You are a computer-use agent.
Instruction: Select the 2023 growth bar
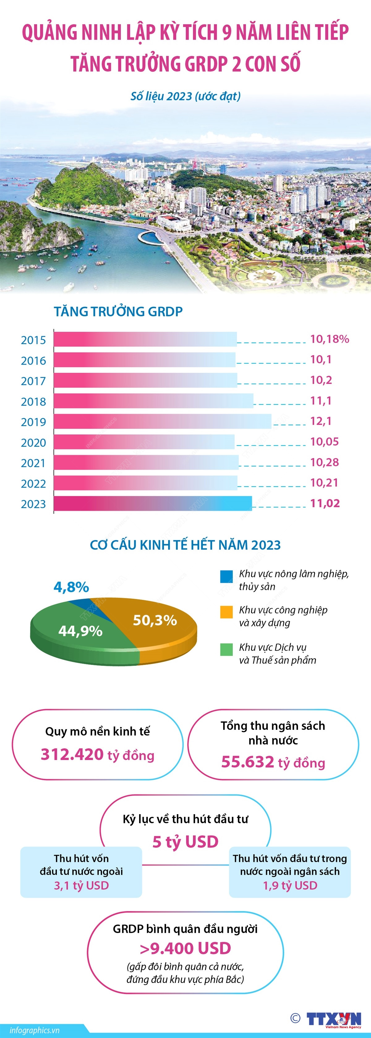[153, 503]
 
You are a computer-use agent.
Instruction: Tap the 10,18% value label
[329, 339]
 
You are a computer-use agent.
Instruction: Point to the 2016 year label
[33, 361]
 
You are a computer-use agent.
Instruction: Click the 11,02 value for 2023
[325, 503]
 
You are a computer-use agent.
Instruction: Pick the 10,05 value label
[324, 442]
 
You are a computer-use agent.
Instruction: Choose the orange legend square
[226, 612]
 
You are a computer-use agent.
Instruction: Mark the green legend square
[226, 649]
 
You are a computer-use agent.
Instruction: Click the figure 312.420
[72, 754]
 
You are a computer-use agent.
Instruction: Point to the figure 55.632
[247, 762]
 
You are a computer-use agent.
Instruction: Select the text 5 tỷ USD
[185, 841]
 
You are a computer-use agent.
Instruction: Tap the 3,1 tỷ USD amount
[81, 885]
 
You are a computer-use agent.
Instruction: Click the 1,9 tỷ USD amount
[290, 885]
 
